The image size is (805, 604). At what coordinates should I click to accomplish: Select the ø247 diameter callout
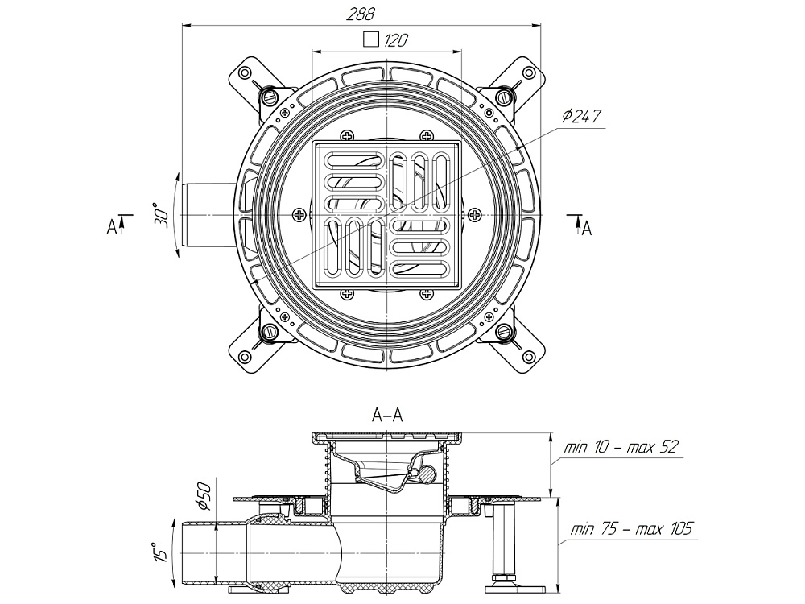tap(582, 116)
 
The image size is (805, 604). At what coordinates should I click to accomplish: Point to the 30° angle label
tap(161, 216)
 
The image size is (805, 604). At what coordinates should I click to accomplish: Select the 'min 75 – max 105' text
tap(631, 529)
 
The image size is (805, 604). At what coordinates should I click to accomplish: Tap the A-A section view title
tap(387, 416)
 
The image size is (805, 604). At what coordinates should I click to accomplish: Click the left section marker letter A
tap(111, 228)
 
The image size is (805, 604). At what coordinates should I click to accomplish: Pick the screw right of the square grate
tap(476, 215)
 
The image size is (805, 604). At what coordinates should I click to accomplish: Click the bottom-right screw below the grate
tap(427, 296)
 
